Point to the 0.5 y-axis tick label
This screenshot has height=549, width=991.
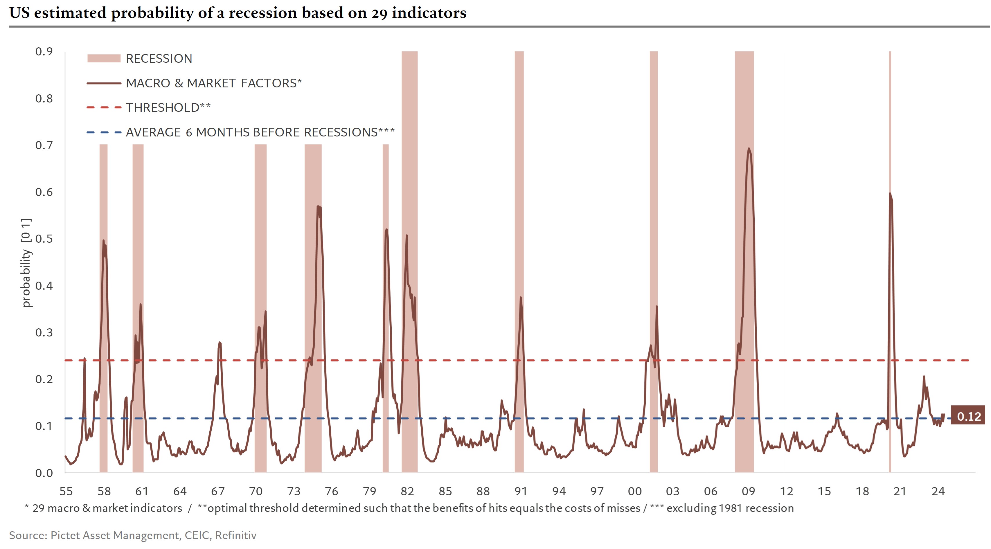44,239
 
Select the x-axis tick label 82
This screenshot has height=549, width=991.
407,491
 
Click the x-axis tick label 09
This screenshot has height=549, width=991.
748,491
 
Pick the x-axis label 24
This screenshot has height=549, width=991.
938,491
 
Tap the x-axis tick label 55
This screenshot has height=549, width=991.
66,491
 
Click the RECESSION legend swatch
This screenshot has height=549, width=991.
104,58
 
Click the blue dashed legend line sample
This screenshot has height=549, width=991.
104,132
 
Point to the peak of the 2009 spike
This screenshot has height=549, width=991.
749,149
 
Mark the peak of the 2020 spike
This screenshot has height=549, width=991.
890,194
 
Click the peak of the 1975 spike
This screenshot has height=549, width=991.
318,207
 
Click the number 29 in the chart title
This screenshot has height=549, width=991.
379,13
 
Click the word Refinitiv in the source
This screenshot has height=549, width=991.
235,535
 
